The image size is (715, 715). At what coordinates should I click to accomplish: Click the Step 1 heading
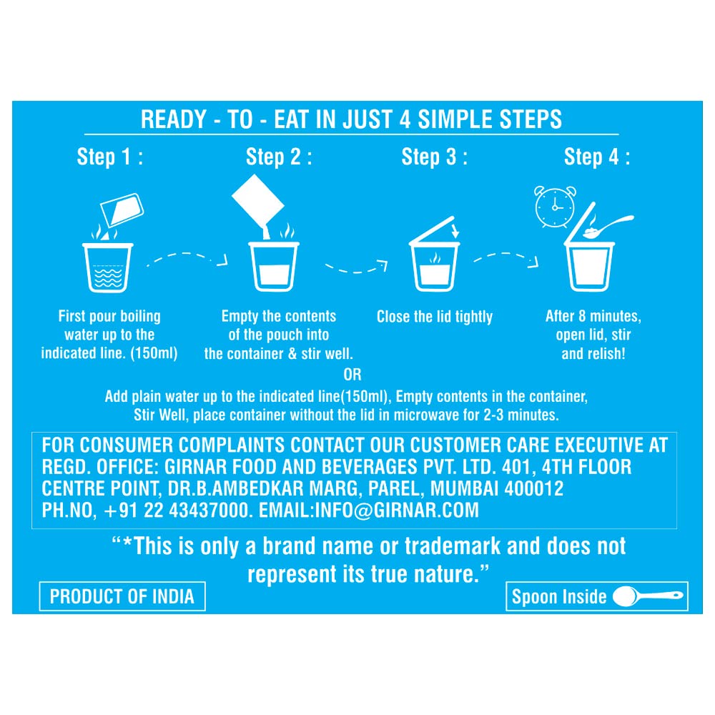point(110,157)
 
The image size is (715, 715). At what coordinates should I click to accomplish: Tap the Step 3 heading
point(434,157)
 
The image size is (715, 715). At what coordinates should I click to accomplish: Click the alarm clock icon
point(555,207)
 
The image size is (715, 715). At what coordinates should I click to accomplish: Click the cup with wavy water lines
point(108,267)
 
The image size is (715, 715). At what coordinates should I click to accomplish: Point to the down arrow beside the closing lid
point(455,230)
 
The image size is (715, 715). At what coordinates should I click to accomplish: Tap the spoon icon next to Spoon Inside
point(648,596)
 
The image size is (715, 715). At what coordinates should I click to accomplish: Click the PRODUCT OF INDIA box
point(122,596)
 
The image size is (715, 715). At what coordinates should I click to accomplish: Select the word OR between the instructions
point(352,375)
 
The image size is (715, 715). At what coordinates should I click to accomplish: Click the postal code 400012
point(534,488)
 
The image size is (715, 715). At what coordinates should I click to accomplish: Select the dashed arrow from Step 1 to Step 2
point(187,259)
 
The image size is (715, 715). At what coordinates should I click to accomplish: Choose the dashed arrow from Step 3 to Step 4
point(506,259)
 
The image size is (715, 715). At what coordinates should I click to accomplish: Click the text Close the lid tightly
point(435,317)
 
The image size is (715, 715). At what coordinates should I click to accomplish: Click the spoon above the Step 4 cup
point(608,227)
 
